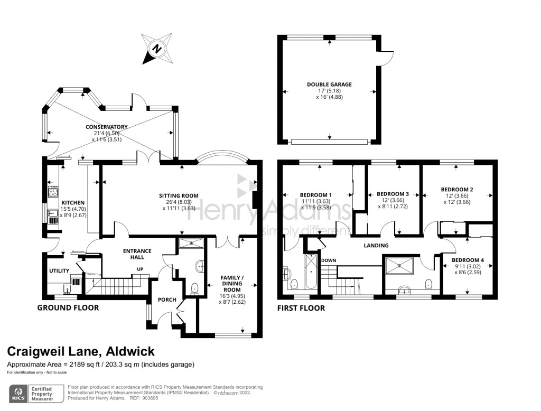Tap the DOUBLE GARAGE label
329,85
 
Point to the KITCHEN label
73,203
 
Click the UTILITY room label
59,271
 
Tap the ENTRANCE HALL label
137,254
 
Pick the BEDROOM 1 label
316,194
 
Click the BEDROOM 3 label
393,194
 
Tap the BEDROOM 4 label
468,260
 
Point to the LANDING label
376,246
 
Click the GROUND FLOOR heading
68,307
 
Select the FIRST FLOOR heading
301,308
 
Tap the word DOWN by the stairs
329,260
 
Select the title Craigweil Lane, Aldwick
81,351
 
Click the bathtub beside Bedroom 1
310,273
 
